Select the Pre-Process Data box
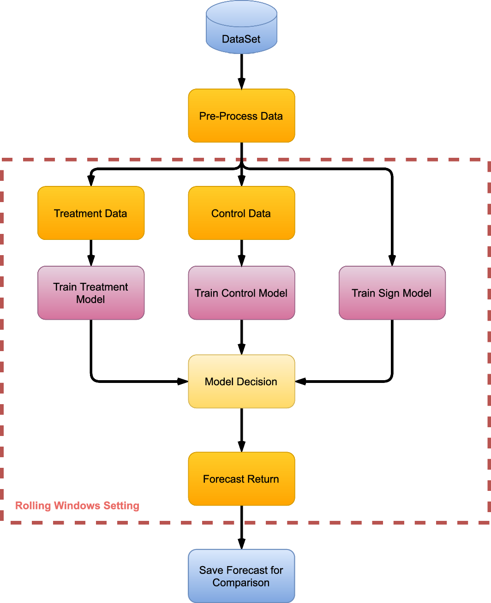point(241,116)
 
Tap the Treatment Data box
point(91,213)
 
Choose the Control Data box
point(241,213)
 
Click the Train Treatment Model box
point(91,293)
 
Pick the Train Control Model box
point(241,293)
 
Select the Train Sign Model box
point(392,293)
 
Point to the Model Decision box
point(241,382)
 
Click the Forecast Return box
point(241,479)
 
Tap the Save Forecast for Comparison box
point(241,576)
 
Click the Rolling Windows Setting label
point(77,506)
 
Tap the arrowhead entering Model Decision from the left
point(183,382)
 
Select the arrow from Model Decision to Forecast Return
point(241,429)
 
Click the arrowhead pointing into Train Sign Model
point(392,261)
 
